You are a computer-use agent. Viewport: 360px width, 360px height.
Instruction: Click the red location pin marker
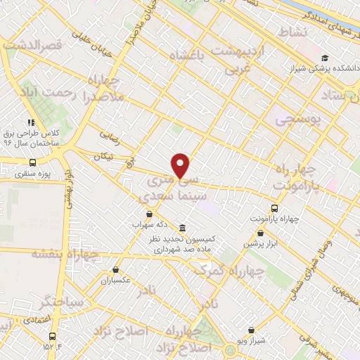coord(181,166)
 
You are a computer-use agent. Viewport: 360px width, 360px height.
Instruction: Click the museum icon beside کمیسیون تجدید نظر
coord(183,228)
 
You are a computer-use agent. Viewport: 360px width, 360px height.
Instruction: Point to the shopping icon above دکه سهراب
coord(149,214)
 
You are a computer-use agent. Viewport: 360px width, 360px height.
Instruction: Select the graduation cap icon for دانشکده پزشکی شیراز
coord(324,58)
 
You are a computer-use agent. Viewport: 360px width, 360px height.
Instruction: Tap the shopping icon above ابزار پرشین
coord(261,233)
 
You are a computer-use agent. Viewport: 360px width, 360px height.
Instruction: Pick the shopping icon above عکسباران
coord(115,269)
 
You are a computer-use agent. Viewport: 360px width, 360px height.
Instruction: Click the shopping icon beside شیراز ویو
coord(251,330)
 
